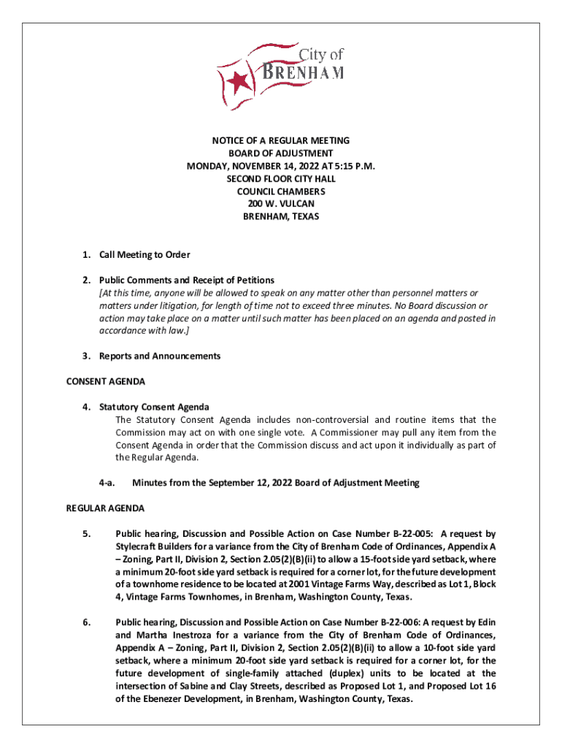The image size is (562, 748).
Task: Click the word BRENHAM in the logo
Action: (303, 73)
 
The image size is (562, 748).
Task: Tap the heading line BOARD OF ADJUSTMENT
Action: (281, 153)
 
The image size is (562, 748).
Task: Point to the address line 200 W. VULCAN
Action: (281, 204)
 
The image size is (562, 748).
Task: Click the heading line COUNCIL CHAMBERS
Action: (281, 191)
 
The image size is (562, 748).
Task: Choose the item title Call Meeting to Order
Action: (145, 254)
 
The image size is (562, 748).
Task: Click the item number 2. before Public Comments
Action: (85, 280)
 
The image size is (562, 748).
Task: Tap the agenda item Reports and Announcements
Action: (160, 356)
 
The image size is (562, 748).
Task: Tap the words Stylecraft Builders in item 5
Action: (153, 546)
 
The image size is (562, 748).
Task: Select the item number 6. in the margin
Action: (86, 622)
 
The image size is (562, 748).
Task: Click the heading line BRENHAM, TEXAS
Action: (281, 217)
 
